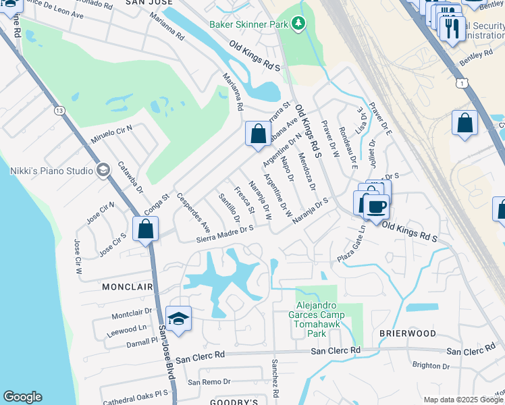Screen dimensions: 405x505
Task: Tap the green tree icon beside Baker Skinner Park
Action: click(298, 24)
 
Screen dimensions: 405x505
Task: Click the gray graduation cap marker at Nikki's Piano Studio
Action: click(103, 170)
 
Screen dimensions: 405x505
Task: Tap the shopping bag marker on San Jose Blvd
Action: click(146, 230)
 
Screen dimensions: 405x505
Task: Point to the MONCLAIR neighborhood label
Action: click(128, 287)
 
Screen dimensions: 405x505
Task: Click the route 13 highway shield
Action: click(60, 110)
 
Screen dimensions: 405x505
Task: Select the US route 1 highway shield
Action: click(460, 82)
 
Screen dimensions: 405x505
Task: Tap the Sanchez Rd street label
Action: click(275, 378)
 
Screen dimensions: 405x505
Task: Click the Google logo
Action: click(22, 397)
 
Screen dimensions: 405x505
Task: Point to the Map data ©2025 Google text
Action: click(463, 400)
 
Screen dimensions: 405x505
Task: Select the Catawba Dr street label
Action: click(130, 177)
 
